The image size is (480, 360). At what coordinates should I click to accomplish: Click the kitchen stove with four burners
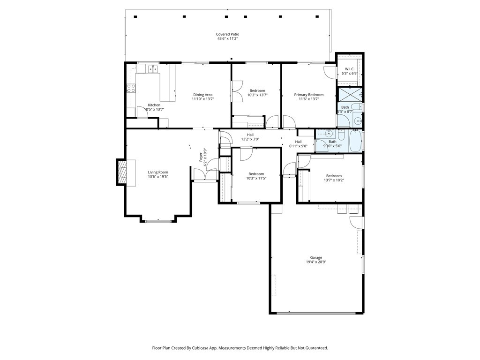(131, 89)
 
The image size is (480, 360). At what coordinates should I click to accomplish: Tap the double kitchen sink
(153, 69)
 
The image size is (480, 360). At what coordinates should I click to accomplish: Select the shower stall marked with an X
(349, 95)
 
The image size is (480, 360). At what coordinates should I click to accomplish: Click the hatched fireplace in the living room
(122, 172)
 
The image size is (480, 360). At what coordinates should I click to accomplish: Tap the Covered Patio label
(227, 34)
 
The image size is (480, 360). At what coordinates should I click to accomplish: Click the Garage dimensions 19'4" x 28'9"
(316, 262)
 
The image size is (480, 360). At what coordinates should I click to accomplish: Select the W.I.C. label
(349, 69)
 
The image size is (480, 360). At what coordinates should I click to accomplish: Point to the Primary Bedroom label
(308, 95)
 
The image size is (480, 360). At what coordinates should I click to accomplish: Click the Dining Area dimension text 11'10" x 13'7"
(202, 99)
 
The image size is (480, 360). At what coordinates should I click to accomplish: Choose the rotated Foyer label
(201, 157)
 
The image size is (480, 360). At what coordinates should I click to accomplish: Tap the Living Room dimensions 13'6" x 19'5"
(158, 177)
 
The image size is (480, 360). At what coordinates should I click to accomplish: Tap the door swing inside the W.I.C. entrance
(330, 72)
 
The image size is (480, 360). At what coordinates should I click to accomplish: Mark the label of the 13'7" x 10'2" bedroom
(334, 176)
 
